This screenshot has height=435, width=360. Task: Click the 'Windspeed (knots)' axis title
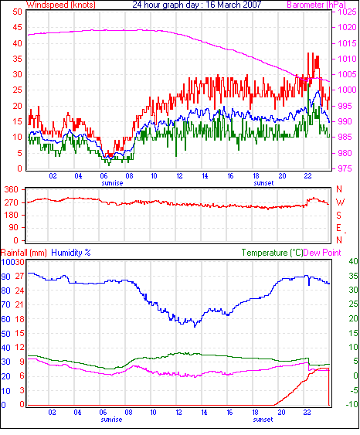point(61,5)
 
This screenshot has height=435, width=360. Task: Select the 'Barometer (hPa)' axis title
point(316,5)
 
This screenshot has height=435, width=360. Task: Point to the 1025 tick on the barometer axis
point(347,12)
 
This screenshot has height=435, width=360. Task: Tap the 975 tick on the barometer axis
point(345,168)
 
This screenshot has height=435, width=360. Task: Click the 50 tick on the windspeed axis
point(17,12)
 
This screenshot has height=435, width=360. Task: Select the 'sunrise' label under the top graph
point(112,183)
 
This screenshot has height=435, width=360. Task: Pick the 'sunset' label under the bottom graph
point(263,420)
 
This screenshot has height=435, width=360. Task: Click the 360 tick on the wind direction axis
point(11,189)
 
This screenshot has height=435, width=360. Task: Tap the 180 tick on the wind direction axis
point(11,215)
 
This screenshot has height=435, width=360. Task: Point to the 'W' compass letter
point(340,202)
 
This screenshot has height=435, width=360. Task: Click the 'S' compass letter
point(338,215)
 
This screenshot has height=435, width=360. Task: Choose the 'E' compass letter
point(338,228)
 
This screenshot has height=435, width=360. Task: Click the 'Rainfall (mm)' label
point(24,253)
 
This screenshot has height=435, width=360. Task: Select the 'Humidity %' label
point(71,253)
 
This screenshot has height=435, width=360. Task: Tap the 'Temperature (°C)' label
point(272,253)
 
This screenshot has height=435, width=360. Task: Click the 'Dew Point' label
point(322,253)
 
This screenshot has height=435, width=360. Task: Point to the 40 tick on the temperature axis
point(353,261)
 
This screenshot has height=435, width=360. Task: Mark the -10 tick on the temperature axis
point(352,404)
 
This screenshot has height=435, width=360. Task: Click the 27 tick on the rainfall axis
point(19,276)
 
